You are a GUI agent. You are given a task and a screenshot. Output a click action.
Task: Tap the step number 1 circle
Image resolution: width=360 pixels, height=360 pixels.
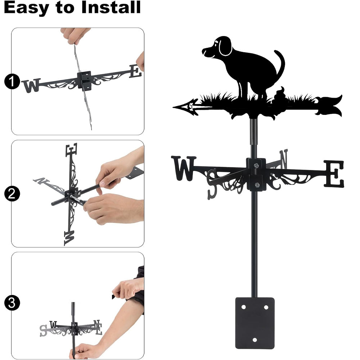click(x=12, y=81)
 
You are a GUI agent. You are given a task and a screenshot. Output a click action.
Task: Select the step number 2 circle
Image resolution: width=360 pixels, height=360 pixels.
click(x=12, y=194)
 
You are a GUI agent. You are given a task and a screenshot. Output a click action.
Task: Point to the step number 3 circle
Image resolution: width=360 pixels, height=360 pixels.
click(x=12, y=303)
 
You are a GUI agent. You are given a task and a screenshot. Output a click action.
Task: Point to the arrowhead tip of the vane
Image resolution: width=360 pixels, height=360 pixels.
click(x=174, y=107)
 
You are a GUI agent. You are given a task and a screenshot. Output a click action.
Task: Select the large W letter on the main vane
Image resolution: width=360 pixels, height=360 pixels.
click(x=184, y=168)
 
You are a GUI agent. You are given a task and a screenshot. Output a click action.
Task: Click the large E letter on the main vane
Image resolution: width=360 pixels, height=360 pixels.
click(x=334, y=174)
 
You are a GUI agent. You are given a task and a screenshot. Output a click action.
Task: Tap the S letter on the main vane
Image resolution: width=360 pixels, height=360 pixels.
click(x=212, y=184)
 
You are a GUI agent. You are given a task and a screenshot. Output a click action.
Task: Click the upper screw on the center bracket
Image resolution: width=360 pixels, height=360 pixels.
click(x=256, y=165)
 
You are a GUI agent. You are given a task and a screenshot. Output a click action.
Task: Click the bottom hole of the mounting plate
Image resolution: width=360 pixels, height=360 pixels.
click(x=255, y=340)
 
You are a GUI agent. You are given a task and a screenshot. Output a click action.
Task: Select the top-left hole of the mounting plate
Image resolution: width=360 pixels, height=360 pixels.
click(x=243, y=307)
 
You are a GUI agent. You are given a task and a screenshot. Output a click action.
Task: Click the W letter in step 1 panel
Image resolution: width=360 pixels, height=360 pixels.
click(x=31, y=85)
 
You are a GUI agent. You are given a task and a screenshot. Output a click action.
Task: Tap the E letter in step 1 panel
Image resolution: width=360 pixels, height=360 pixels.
click(x=135, y=71)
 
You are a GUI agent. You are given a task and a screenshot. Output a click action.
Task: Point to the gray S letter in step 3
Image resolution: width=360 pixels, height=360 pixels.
click(x=43, y=330)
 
